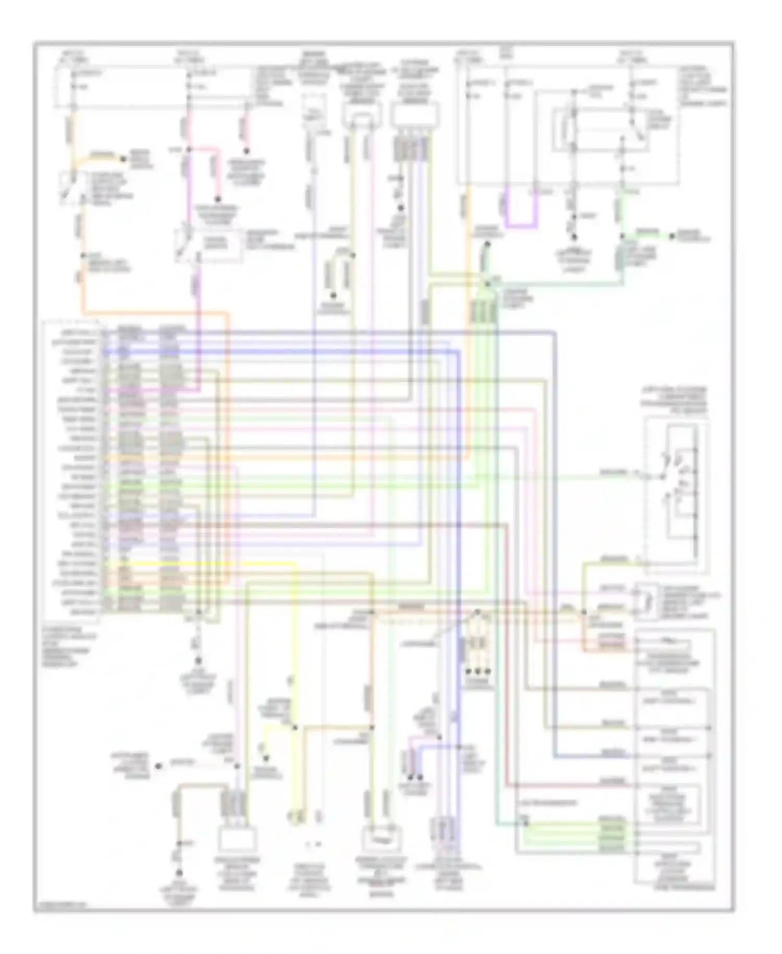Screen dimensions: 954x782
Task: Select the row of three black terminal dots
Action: pos(478,670)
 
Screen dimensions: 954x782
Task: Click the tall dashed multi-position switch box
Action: pos(676,491)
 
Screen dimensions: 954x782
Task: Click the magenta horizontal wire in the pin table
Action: pos(151,389)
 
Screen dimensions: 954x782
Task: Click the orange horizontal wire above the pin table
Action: pos(156,314)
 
